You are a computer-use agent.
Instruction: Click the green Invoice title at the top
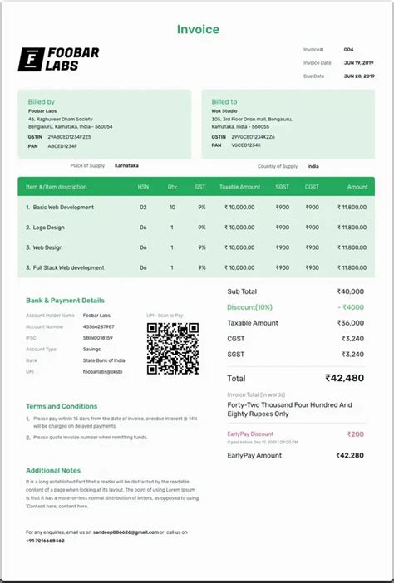pos(198,30)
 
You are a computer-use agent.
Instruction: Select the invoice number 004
pos(348,50)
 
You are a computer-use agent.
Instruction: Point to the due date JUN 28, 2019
pos(358,76)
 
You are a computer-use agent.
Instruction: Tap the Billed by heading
pos(41,102)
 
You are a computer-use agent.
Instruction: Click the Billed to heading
pos(224,102)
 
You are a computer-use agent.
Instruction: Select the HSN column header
pos(143,187)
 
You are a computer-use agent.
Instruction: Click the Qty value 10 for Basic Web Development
pos(172,207)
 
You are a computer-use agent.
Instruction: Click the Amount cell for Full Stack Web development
pos(352,267)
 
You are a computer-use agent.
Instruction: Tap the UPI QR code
pos(173,348)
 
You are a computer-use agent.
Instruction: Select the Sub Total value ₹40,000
pos(350,291)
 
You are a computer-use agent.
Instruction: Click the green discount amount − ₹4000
pos(350,307)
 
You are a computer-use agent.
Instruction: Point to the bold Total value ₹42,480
pos(344,378)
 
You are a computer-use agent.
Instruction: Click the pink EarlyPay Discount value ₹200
pos(355,434)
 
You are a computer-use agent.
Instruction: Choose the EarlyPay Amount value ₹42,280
pos(349,455)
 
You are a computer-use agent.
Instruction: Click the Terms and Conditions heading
pos(62,406)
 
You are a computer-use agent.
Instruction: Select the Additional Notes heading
pos(53,471)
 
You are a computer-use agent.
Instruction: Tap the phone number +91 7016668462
pos(45,541)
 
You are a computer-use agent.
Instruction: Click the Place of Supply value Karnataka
pos(126,166)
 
